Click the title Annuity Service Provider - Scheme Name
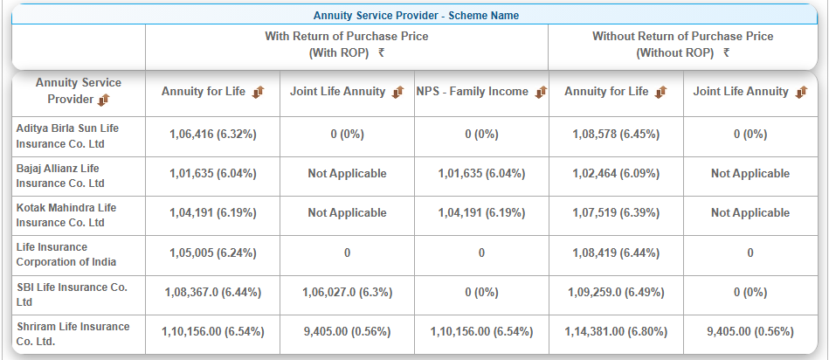(416, 15)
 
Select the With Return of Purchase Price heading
(347, 37)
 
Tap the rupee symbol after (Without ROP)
(727, 53)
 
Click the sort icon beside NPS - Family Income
(542, 92)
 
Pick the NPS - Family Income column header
(473, 92)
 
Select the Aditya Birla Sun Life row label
(67, 135)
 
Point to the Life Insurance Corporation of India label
(66, 254)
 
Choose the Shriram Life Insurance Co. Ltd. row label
(73, 333)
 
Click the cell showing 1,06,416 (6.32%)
(212, 135)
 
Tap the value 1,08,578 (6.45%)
(616, 135)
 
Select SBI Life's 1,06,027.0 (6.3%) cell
(347, 293)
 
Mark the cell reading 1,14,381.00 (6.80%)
(616, 332)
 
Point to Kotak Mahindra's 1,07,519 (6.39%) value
(616, 213)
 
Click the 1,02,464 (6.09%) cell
(616, 174)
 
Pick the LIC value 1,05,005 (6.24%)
(212, 253)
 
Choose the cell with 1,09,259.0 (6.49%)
(616, 293)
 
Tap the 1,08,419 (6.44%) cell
(616, 253)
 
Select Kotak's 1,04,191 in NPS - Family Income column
(481, 213)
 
